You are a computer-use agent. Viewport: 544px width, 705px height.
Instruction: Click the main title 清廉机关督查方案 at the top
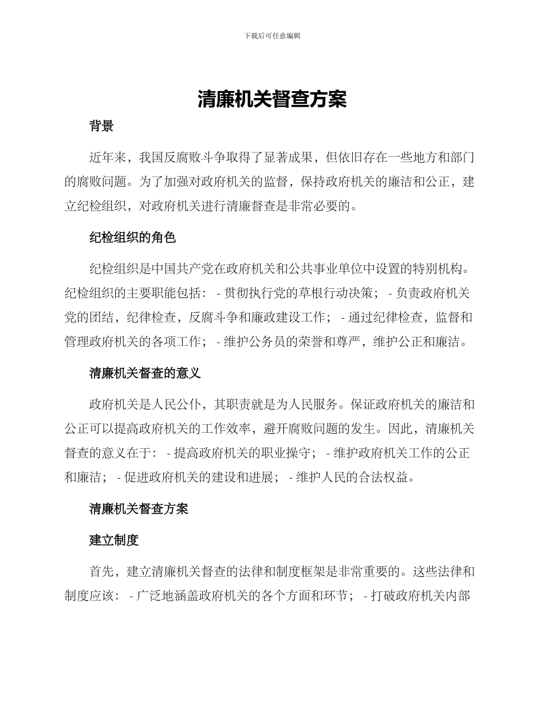point(272,99)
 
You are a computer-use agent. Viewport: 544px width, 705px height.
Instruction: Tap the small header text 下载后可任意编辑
point(272,36)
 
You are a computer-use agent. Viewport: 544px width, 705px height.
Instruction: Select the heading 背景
point(101,126)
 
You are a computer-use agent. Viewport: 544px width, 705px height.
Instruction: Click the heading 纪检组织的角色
point(132,237)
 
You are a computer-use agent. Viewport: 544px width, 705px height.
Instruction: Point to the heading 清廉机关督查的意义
point(145,373)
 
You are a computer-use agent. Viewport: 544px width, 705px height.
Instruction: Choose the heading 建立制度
point(114,540)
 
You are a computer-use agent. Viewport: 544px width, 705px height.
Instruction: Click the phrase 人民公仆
point(176,405)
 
